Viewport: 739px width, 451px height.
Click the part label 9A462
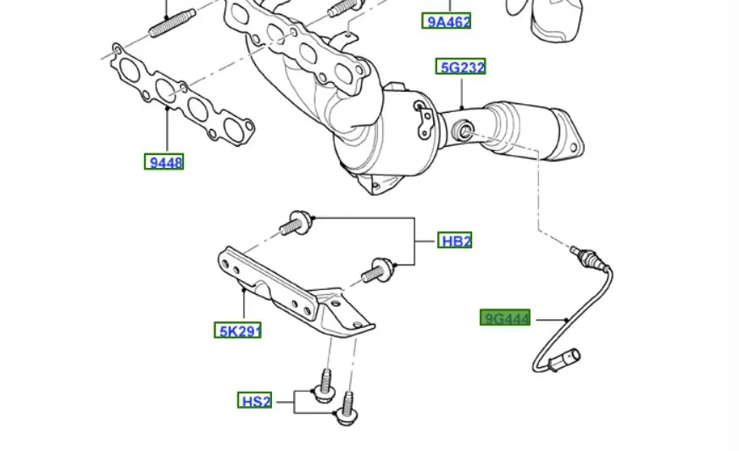(x=447, y=21)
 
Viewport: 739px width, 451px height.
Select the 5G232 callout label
(x=461, y=66)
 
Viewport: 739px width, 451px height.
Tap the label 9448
(x=164, y=162)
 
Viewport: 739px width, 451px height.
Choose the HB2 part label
(x=455, y=241)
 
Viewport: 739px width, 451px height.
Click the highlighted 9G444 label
(x=506, y=319)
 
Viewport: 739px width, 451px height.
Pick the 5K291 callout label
(x=237, y=331)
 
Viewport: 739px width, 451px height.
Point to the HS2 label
(x=255, y=401)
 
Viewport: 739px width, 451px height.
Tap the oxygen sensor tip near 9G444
(x=580, y=252)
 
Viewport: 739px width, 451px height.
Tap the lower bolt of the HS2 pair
(x=344, y=413)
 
